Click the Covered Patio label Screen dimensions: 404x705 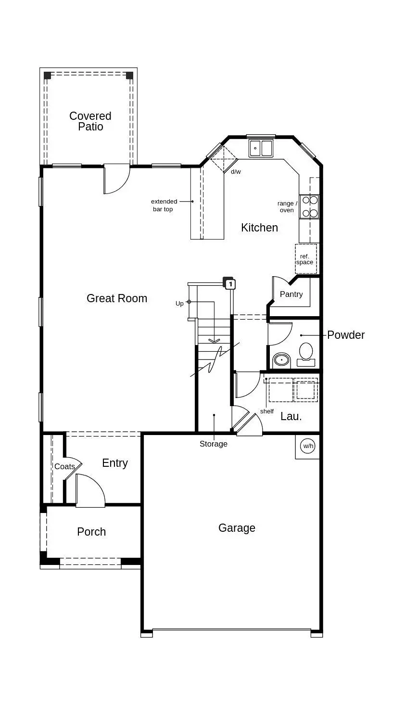90,121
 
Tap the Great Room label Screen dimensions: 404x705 117,298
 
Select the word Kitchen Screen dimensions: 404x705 260,228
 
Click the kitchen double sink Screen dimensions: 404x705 261,148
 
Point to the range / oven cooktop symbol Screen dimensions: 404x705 309,206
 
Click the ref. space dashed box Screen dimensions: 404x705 306,259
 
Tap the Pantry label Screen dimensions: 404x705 291,295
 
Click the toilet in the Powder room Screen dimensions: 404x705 306,355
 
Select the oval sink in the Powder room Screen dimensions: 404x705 281,359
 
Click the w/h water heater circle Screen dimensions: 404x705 308,446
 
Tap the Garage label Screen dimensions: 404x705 237,528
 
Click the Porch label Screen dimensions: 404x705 91,532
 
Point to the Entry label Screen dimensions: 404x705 115,463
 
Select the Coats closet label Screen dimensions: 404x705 64,466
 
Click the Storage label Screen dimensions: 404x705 214,444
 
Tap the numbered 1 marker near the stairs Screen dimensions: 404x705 231,284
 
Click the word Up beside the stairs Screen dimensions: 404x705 179,304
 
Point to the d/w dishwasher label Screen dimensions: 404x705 236,171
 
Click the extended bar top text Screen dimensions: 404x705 164,205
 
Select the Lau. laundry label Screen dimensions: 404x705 291,416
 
